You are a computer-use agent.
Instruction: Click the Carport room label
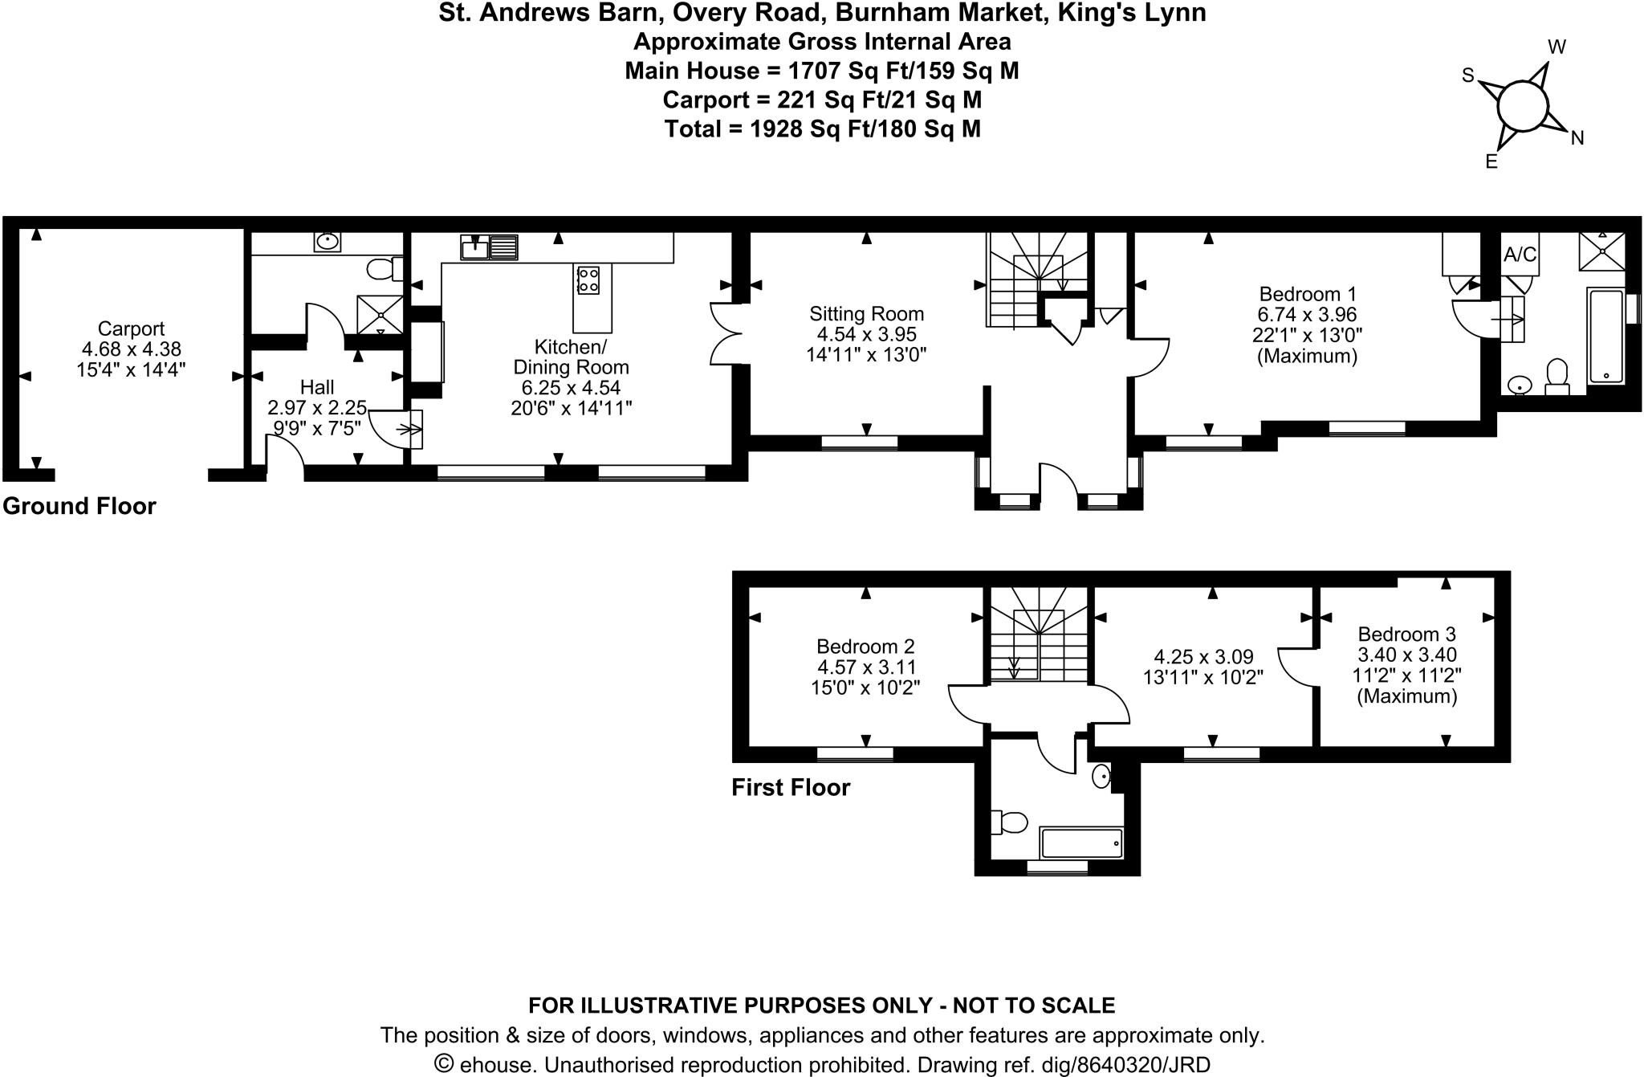pos(131,328)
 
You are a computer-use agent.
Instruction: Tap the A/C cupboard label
pos(1520,255)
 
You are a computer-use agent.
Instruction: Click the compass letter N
pos(1577,138)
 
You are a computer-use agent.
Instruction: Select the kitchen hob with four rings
pos(588,279)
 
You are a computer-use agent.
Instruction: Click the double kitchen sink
pos(489,247)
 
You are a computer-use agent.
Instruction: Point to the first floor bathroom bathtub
pos(1081,843)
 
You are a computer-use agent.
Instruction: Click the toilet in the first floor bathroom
pos(1011,822)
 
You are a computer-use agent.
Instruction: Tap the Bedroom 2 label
pos(865,647)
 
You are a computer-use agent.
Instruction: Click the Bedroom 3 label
pos(1407,634)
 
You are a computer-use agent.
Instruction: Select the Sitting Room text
pos(866,314)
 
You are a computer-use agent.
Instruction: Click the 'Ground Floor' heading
pos(79,506)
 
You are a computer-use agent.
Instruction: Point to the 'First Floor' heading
pos(790,788)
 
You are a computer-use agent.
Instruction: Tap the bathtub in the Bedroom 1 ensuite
pos(1605,337)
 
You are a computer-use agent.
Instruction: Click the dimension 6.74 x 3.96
pos(1307,315)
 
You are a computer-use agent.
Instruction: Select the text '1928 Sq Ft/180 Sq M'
pos(865,129)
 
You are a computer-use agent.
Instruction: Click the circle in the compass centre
pos(1522,105)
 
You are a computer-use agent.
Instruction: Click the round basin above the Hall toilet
pos(327,241)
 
